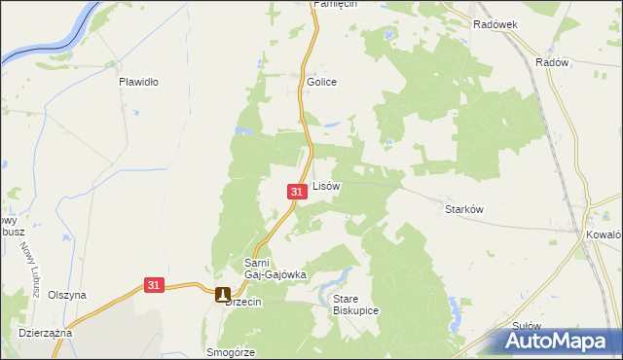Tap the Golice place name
pos(321,82)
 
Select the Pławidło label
pos(138,82)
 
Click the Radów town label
pos(551,60)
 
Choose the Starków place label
pos(464,209)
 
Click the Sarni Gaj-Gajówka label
pos(275,269)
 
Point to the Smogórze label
pos(231,352)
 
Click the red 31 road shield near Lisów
pos(298,194)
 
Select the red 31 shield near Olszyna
pos(154,285)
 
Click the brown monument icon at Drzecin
pos(223,294)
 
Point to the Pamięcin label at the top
pos(335,5)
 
